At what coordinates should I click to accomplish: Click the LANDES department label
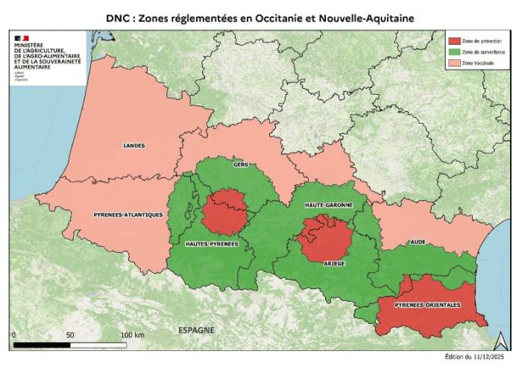(134, 146)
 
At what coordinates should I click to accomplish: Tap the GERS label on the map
(241, 164)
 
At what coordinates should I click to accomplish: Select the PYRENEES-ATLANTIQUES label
(128, 215)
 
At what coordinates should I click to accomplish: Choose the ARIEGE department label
(333, 263)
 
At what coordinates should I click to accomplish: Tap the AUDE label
(418, 243)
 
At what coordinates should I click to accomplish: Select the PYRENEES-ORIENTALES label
(427, 305)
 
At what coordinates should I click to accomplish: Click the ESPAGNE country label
(196, 329)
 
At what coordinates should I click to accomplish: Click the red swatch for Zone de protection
(453, 40)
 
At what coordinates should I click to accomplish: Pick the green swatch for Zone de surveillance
(453, 52)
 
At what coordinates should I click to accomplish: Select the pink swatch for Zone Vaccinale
(453, 64)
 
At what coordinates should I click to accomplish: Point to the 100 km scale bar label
(131, 334)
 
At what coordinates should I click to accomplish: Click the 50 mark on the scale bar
(69, 334)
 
